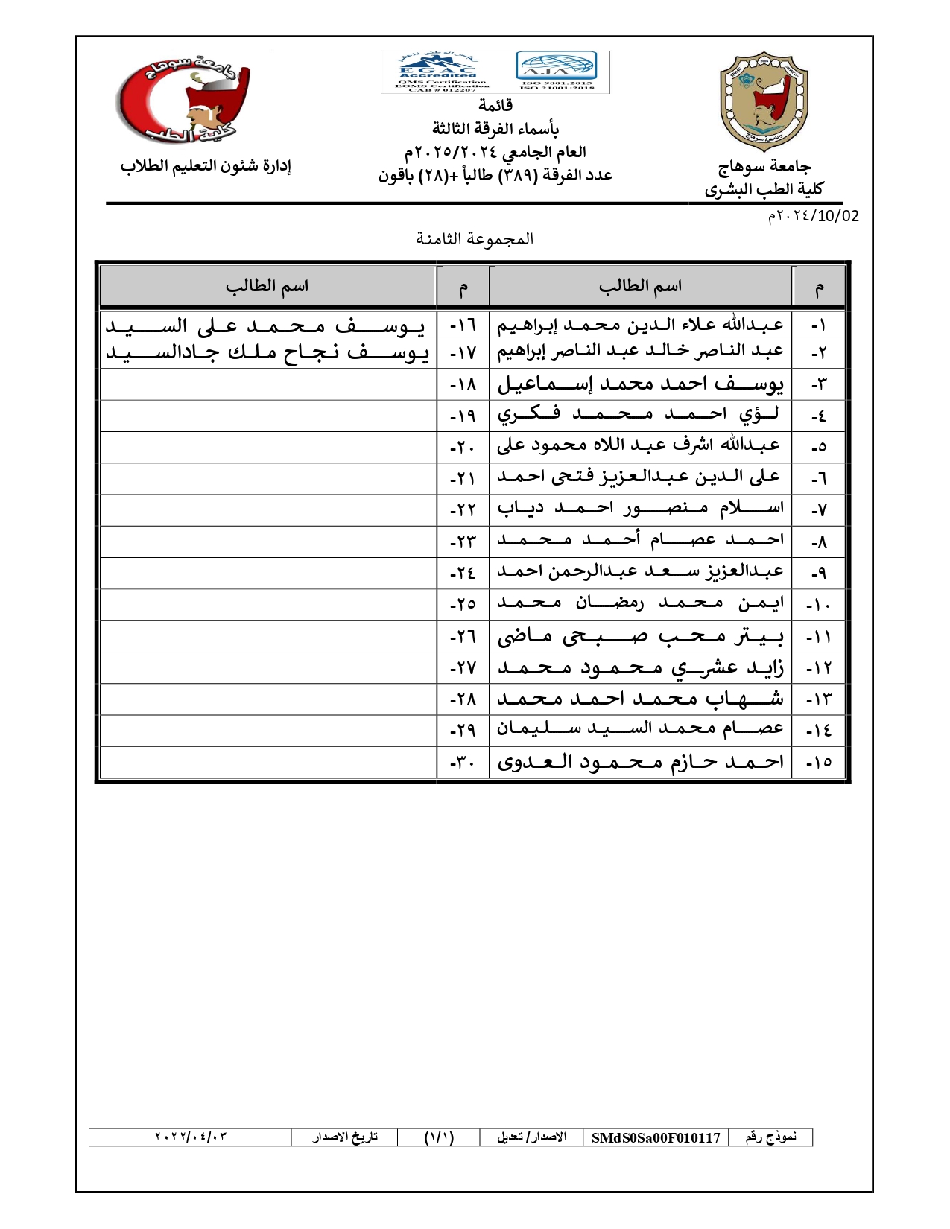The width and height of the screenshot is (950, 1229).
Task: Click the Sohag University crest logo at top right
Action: [764, 101]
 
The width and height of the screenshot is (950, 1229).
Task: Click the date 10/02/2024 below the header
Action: [813, 216]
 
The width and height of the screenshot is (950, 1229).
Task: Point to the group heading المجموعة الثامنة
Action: [475, 239]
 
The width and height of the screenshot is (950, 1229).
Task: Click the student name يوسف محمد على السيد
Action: [265, 325]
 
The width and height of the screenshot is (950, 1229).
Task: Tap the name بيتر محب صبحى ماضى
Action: [640, 636]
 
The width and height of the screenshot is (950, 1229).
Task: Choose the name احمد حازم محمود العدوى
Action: [640, 761]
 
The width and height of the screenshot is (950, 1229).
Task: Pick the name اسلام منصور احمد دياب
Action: [640, 508]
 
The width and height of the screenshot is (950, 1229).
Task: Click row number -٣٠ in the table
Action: [462, 763]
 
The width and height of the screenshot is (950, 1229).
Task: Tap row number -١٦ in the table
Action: [462, 326]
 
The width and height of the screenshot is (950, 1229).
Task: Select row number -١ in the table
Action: [818, 326]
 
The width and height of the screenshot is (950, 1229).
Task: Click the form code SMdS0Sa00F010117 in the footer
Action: [656, 1137]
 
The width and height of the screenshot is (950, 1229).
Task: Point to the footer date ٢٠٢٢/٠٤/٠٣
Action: [191, 1137]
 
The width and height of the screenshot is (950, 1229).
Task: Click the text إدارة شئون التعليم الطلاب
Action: [206, 165]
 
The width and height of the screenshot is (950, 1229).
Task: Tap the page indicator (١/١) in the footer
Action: [439, 1137]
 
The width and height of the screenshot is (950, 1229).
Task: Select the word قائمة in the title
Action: [495, 105]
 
